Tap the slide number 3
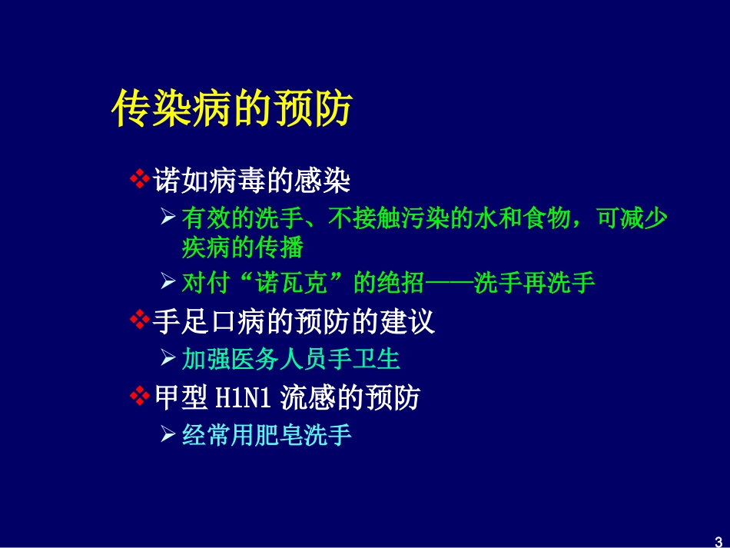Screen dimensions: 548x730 718,538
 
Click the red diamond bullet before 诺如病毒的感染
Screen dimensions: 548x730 139,181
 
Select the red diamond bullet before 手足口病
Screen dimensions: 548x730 139,321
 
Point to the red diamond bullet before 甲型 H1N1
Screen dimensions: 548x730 139,397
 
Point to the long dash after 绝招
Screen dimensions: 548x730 450,283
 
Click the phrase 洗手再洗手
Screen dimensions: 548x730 535,283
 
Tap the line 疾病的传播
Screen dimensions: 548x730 242,247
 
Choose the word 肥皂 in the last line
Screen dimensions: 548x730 290,436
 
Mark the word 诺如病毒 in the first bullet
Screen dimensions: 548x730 204,181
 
